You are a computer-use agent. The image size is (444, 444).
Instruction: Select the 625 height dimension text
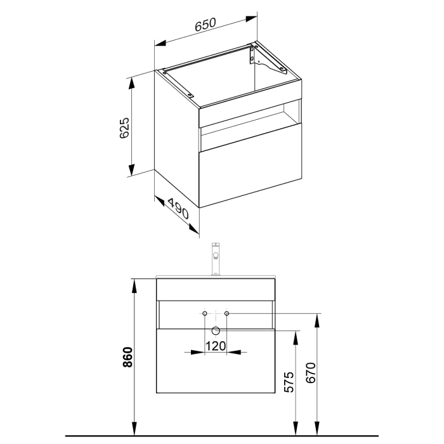point(124,127)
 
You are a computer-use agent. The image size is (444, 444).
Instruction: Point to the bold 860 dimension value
point(127,359)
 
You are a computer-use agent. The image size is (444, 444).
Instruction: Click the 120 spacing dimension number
point(215,346)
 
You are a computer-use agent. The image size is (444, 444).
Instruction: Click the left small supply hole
point(204,313)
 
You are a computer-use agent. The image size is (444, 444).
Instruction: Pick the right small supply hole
point(226,313)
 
